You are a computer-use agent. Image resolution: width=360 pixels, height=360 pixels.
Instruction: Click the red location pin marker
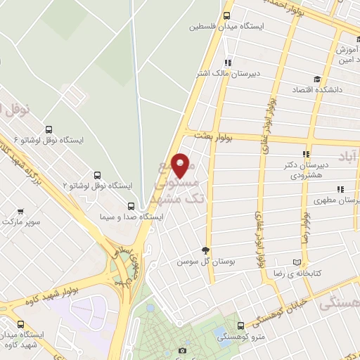click(182, 165)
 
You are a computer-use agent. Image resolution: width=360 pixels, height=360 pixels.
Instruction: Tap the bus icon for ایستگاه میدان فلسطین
click(227, 15)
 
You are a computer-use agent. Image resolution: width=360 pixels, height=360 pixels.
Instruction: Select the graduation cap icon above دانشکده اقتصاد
click(316, 79)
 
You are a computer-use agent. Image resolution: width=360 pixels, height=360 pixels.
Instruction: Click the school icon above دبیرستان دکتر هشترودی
click(305, 155)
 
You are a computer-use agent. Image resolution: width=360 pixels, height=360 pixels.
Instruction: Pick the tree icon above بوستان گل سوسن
click(205, 250)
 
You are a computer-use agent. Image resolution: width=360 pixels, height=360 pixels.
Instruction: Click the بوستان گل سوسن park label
click(195, 261)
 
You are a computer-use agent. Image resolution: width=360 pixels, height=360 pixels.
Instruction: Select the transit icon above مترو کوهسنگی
click(241, 326)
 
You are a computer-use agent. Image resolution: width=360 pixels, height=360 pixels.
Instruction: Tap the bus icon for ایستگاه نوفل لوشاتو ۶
click(48, 129)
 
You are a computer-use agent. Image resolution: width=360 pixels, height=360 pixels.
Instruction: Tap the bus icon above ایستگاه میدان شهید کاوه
click(20, 324)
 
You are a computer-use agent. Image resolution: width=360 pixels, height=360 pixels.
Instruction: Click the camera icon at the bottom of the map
click(183, 350)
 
